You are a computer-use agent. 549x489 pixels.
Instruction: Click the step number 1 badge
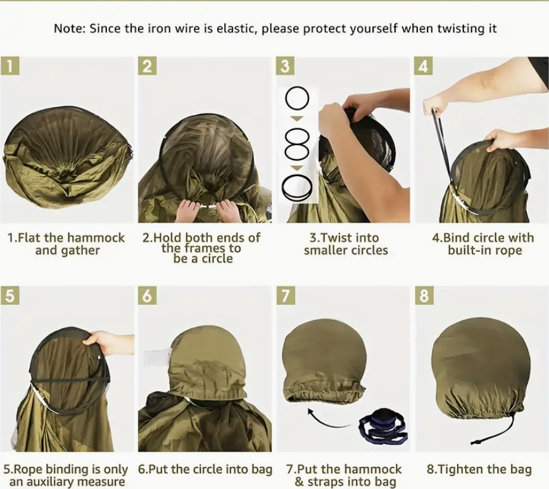point(10,66)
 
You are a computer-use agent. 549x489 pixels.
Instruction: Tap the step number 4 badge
point(423,66)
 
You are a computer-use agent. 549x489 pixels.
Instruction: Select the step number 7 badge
point(286,295)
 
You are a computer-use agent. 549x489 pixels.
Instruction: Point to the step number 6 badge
point(148,295)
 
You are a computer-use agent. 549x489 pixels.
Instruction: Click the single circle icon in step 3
point(297,98)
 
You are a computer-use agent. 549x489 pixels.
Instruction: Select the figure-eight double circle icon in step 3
point(297,144)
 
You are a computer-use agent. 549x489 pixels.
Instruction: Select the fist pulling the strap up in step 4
point(436,104)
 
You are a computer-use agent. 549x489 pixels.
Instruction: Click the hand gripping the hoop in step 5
point(104,341)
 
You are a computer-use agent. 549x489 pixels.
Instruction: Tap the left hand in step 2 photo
point(188,211)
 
